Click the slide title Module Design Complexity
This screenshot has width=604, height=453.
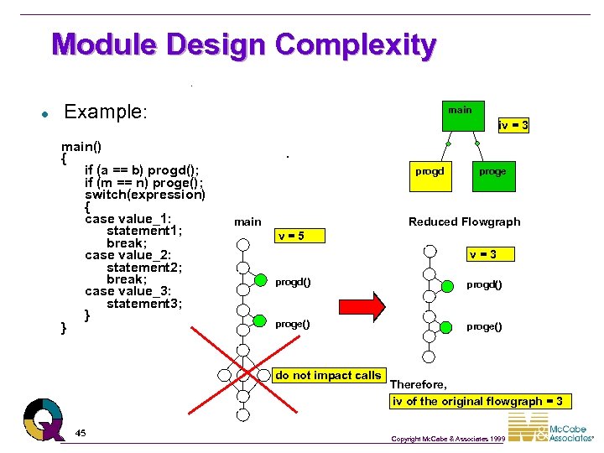click(243, 44)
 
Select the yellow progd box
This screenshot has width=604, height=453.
click(430, 172)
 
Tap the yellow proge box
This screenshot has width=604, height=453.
click(492, 172)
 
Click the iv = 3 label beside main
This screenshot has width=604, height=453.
click(513, 126)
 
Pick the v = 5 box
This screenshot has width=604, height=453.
click(300, 236)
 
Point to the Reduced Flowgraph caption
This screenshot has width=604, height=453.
click(464, 221)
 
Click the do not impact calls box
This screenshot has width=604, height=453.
click(328, 376)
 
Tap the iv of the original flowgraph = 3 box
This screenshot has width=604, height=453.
click(476, 401)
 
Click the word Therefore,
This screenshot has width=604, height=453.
click(419, 384)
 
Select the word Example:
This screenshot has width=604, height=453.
click(105, 112)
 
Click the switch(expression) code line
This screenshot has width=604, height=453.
click(144, 195)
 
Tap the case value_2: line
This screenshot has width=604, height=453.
click(128, 255)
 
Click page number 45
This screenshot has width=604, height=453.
click(81, 433)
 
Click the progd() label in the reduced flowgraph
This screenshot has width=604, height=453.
click(484, 285)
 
